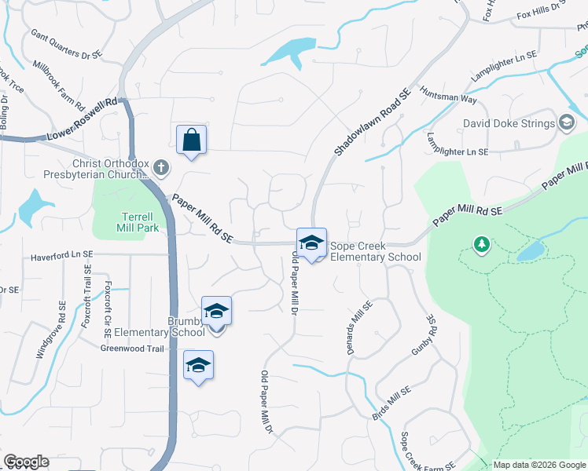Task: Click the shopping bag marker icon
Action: pyautogui.click(x=191, y=141)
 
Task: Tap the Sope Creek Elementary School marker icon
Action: pyautogui.click(x=311, y=243)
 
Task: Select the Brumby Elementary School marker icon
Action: pyautogui.click(x=216, y=312)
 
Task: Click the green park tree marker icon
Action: pyautogui.click(x=482, y=245)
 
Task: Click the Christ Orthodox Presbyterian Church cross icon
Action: pyautogui.click(x=160, y=166)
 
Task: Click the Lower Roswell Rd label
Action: pyautogui.click(x=82, y=119)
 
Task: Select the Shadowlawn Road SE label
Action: pyautogui.click(x=372, y=120)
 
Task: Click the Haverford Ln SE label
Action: pyautogui.click(x=61, y=256)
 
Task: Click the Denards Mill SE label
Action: pyautogui.click(x=358, y=328)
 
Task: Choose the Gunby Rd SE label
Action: pyautogui.click(x=423, y=336)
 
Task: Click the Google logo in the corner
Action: pyautogui.click(x=26, y=462)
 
